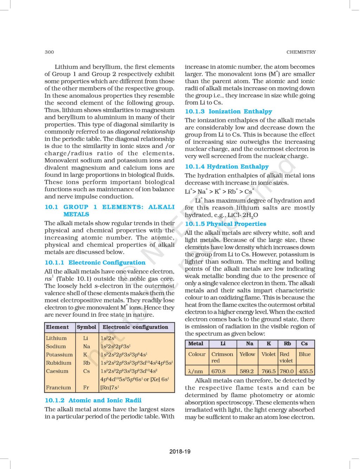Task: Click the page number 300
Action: [x=49, y=52]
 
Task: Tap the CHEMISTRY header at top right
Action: [x=301, y=52]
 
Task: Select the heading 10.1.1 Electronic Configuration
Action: [x=95, y=263]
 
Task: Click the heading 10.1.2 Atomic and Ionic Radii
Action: [x=93, y=400]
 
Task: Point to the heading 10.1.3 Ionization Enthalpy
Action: [x=229, y=111]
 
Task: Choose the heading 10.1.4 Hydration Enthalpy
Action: [x=227, y=167]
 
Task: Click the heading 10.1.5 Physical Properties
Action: [x=226, y=224]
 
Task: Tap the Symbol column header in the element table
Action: [x=86, y=327]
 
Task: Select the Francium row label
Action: [x=58, y=387]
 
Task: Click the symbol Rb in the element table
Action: [x=86, y=363]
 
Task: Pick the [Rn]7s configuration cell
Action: [x=110, y=387]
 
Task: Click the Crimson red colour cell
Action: [x=222, y=357]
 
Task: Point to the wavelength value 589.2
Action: [x=247, y=371]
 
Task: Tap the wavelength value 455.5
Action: [x=306, y=371]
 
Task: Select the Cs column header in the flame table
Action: [x=304, y=343]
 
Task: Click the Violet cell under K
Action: [x=269, y=354]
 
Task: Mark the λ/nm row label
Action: [x=195, y=371]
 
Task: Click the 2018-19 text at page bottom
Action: [x=180, y=451]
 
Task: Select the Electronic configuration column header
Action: [x=135, y=327]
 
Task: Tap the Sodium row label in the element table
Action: [x=56, y=346]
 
